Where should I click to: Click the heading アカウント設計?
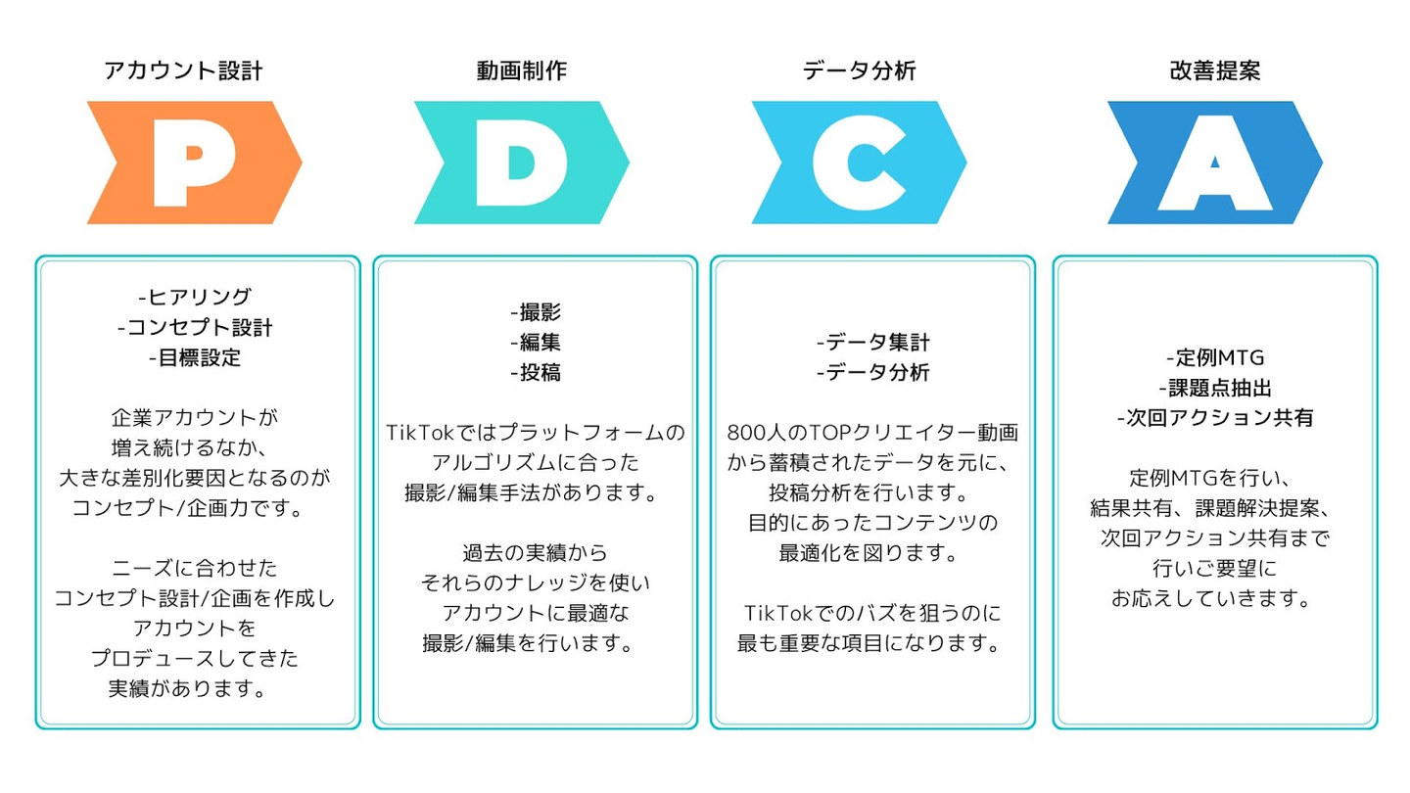[184, 71]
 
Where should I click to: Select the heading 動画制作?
[522, 71]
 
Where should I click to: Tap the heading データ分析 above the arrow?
[859, 71]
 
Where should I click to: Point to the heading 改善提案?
[1214, 71]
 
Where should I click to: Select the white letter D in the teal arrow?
[519, 163]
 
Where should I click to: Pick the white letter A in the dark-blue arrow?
[1214, 164]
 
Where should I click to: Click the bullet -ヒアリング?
[195, 297]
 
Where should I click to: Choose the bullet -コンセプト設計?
[195, 327]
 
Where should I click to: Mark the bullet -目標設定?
[195, 357]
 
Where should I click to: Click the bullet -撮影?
[536, 312]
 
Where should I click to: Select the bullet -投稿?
[536, 373]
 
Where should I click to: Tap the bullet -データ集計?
[872, 343]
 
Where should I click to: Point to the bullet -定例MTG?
[1215, 357]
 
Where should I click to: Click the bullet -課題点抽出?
[1215, 388]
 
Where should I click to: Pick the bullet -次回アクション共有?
[1215, 418]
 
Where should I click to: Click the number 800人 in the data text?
[758, 432]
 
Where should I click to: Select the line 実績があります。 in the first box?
[188, 688]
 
